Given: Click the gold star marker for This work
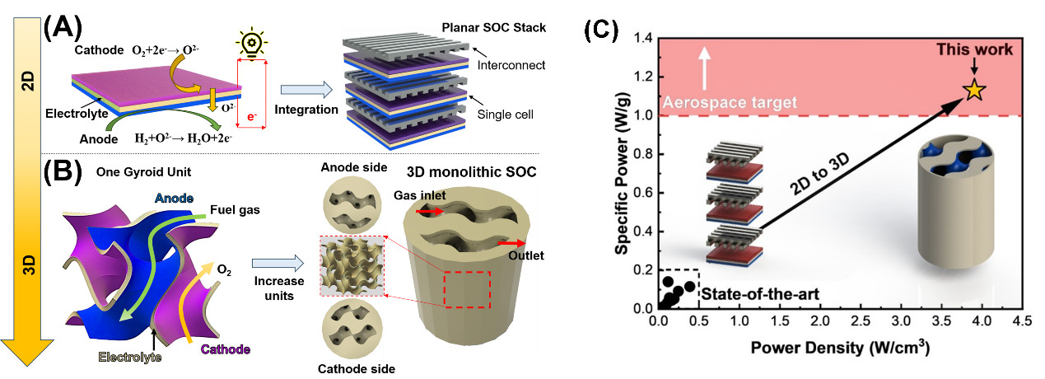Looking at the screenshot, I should click(974, 90).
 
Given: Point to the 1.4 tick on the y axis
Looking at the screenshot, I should click(644, 39).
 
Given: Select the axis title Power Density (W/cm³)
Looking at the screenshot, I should click(841, 349).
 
